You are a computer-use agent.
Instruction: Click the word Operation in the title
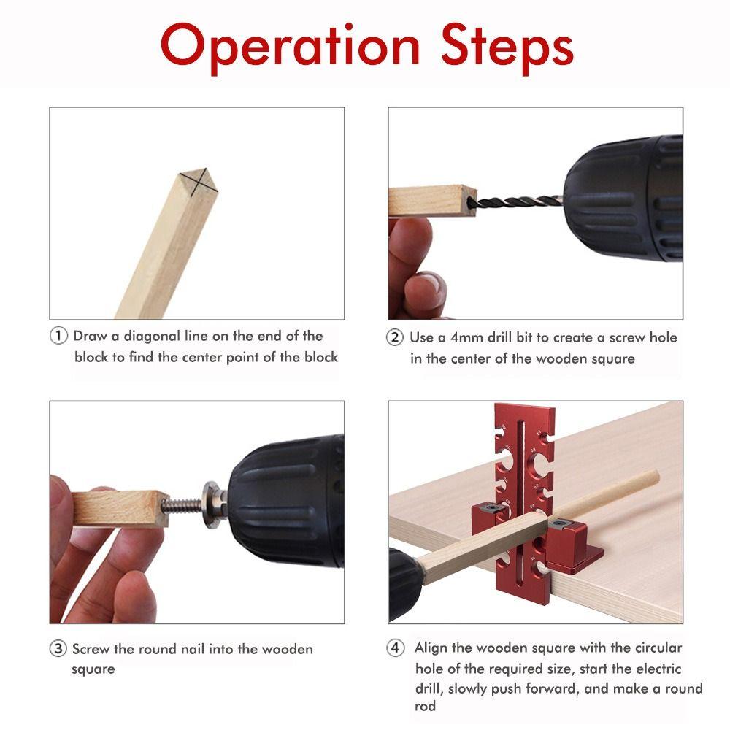[289, 47]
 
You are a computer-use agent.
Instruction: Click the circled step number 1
[58, 337]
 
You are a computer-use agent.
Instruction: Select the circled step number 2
[395, 338]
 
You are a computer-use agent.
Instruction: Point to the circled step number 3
[58, 649]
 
